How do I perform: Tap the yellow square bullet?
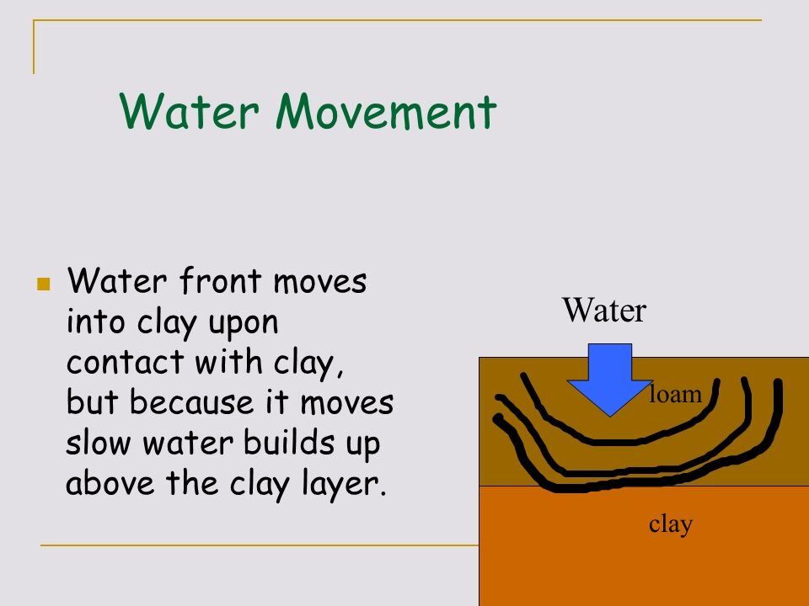(x=44, y=284)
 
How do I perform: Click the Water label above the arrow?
(x=604, y=312)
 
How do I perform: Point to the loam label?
(x=675, y=393)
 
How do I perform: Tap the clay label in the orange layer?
(x=671, y=524)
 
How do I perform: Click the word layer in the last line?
(x=346, y=486)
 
